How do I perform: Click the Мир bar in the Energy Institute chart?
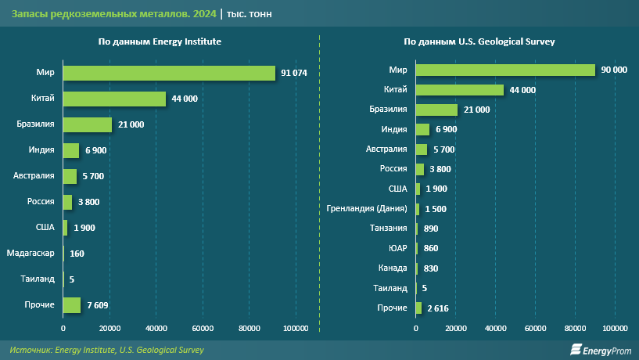(169, 73)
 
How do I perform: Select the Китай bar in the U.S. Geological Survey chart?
(459, 90)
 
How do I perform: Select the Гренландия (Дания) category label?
(367, 209)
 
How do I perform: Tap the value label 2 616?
(439, 308)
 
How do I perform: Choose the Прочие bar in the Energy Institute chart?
(72, 304)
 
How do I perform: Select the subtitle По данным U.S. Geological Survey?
(479, 41)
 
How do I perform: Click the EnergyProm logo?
(600, 350)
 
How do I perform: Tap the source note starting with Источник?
(107, 350)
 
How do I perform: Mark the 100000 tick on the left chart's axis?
(296, 327)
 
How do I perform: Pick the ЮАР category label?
(397, 249)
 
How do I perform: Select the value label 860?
(430, 249)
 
